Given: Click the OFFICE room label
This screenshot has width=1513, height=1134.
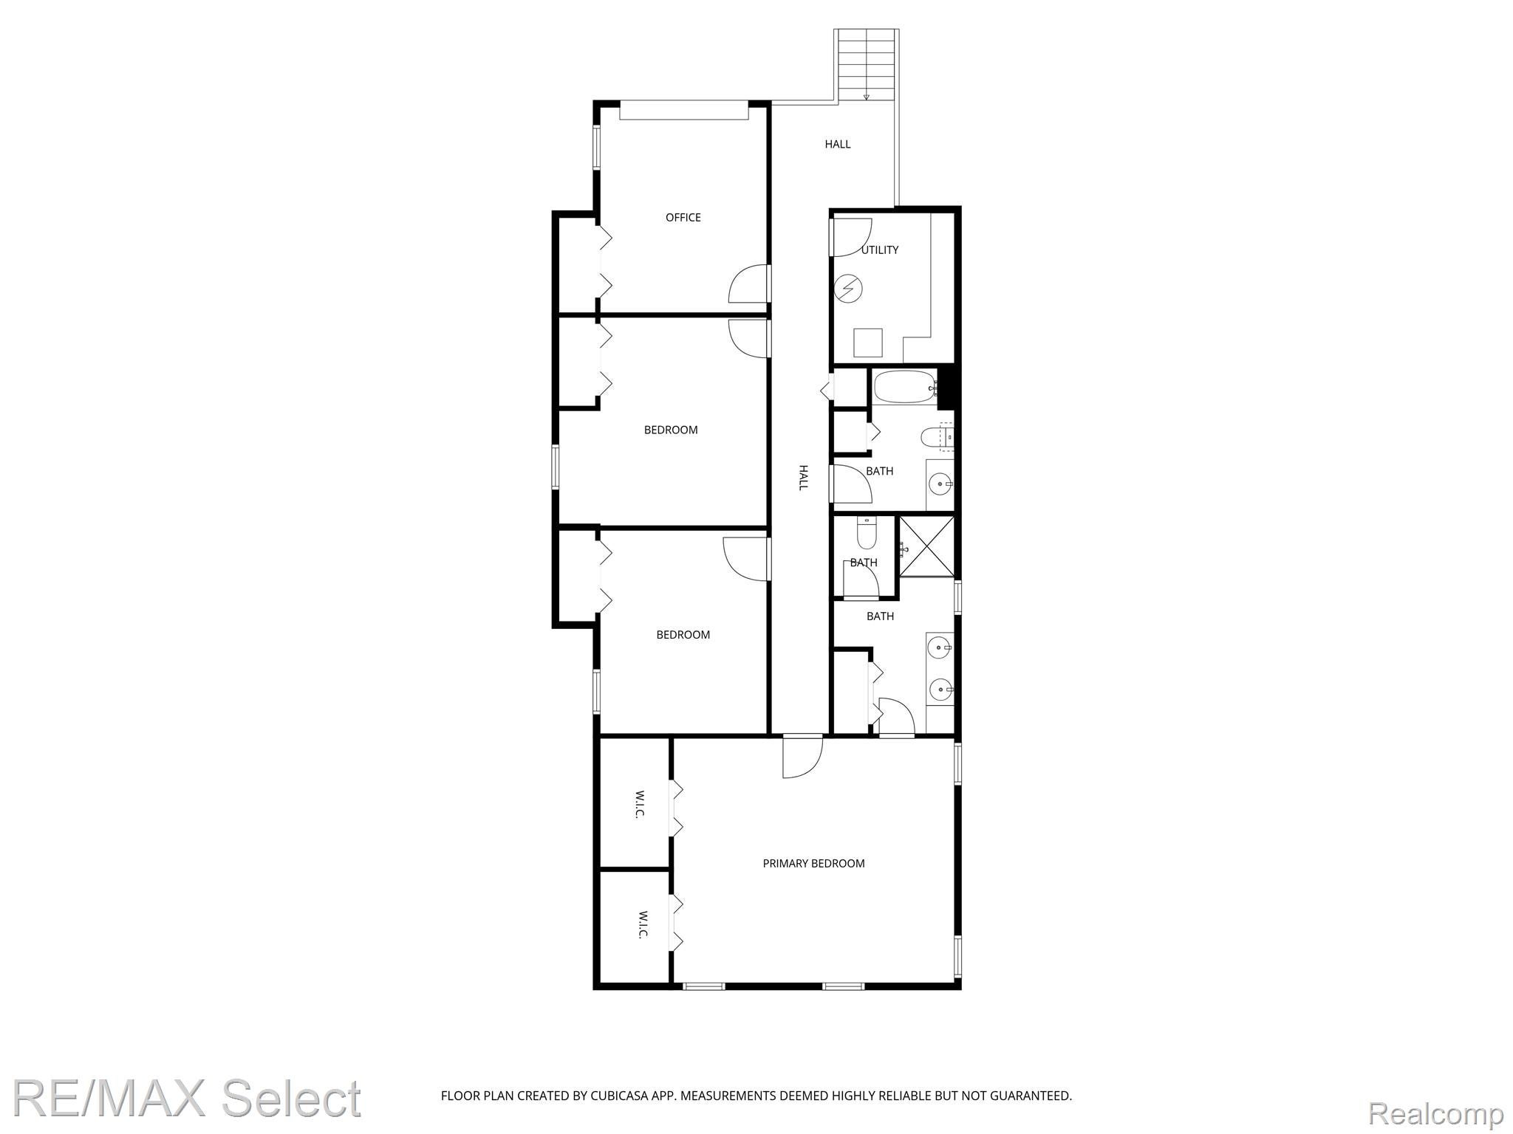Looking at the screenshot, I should pos(683,217).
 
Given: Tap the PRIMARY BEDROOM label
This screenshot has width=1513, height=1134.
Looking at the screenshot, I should pos(813,863).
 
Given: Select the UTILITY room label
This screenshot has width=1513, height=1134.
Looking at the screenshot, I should pos(880,250).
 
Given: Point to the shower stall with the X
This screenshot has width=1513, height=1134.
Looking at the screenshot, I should pos(926,546).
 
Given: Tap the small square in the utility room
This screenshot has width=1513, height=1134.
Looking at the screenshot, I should pos(868,343).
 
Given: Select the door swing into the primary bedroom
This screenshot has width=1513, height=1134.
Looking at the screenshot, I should pos(803,757).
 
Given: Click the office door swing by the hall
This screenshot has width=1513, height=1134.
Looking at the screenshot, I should pos(748,284).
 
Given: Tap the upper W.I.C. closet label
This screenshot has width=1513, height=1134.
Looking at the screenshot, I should pos(639,804).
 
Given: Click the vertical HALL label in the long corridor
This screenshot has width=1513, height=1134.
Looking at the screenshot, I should pos(803,478).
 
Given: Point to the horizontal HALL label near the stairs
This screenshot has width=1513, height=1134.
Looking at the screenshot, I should pos(838,144).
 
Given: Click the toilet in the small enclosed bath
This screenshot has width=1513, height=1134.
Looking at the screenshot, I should pos(866,532).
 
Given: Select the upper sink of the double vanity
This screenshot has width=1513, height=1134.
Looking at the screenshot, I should pos(940,648).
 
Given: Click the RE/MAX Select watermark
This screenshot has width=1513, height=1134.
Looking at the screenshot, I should pos(187,1098).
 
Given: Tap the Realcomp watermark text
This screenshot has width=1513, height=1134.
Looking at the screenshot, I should pos(1435,1113).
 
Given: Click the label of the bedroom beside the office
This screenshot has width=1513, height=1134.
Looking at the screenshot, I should pos(670,430).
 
